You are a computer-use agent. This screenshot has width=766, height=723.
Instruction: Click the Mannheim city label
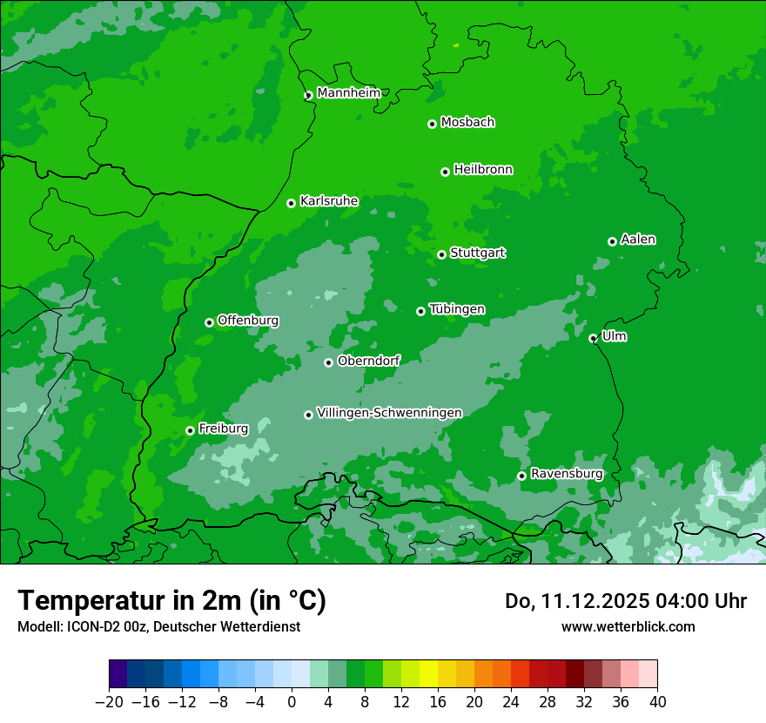pos(348,93)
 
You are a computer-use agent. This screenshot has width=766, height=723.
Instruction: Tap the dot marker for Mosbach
pos(432,124)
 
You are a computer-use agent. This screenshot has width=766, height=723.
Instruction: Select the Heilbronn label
pos(483,170)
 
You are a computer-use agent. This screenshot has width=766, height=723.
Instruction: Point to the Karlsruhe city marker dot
pos(292,203)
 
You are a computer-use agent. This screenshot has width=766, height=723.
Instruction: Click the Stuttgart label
pos(477,253)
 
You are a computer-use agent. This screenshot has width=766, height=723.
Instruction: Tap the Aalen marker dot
pos(612,241)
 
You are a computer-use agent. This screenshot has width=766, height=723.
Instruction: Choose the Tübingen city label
pos(457,309)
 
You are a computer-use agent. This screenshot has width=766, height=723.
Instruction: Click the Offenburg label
pos(248,321)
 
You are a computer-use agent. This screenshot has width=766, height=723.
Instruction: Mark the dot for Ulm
pos(594,338)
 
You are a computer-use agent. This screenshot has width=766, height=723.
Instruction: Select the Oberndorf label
pos(369,361)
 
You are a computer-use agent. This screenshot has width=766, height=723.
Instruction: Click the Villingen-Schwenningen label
pos(389,413)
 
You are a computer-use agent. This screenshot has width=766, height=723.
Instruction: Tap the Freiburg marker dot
pos(190,430)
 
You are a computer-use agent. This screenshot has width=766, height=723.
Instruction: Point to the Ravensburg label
pos(567,474)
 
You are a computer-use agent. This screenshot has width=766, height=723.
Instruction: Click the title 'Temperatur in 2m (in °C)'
pos(172,601)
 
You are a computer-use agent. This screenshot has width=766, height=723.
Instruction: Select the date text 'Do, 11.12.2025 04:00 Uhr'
pos(626,601)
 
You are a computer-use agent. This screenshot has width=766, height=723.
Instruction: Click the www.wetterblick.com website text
pos(628,626)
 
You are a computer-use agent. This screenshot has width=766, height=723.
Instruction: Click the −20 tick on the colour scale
pos(109,701)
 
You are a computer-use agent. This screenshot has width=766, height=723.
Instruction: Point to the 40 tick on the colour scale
pos(657,701)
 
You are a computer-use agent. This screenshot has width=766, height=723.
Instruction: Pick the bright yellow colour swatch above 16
pos(428,674)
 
